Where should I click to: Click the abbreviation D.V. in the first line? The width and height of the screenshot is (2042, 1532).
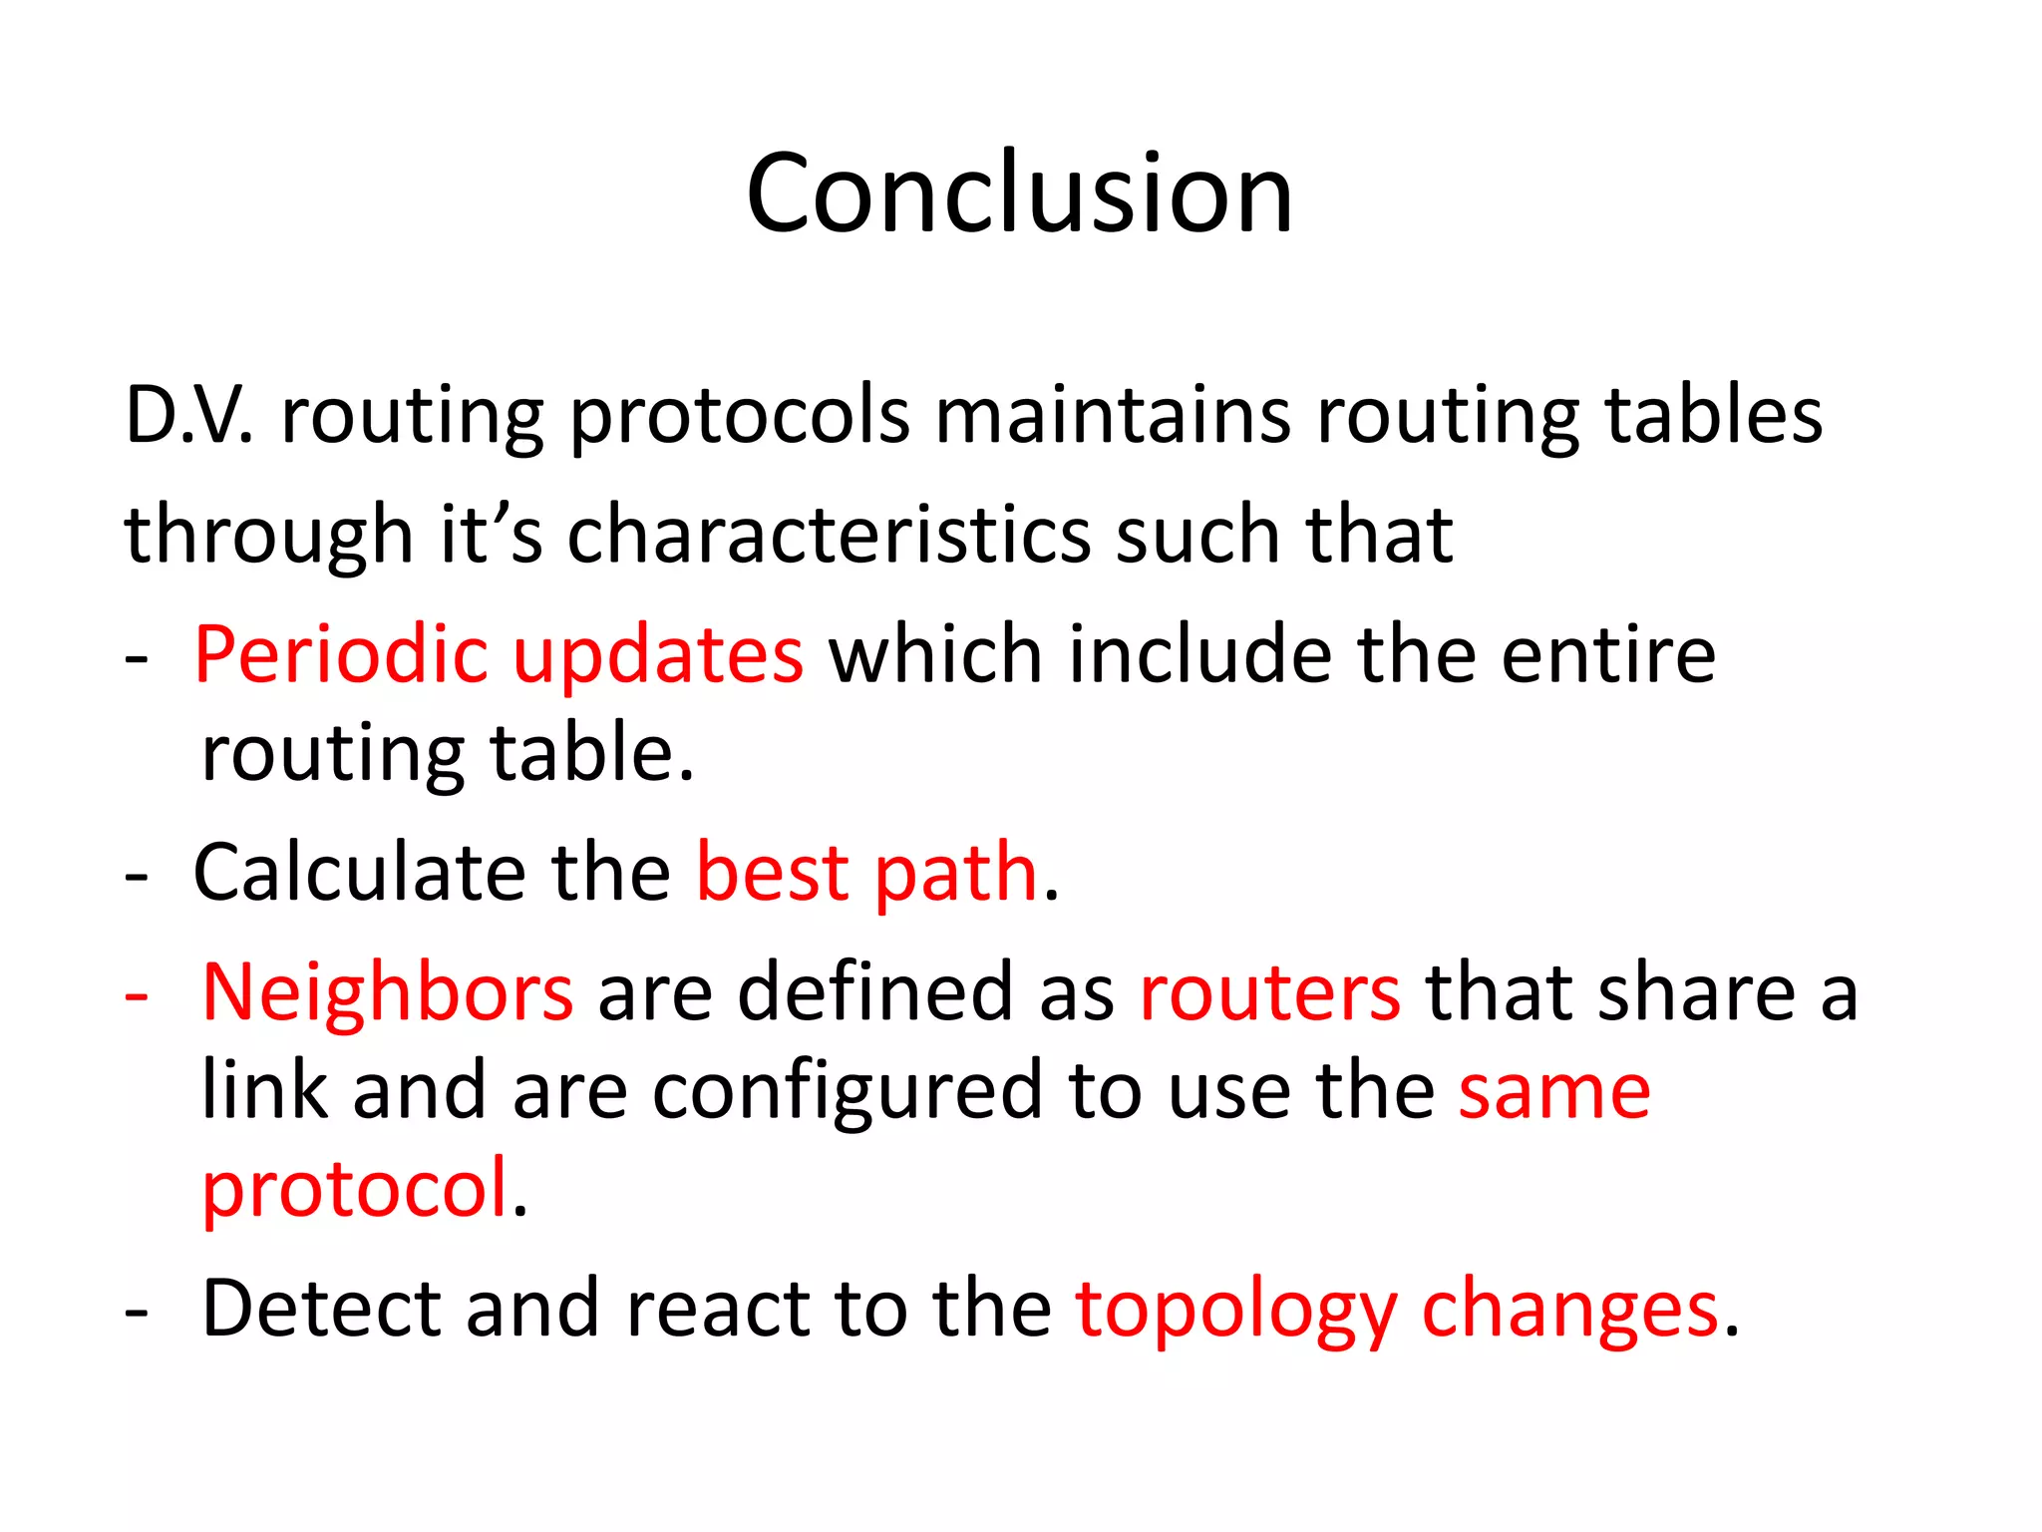point(188,415)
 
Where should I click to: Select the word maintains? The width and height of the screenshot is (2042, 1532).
point(1113,415)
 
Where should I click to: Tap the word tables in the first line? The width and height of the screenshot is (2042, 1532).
point(1713,415)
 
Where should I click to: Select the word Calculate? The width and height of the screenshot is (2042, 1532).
point(359,873)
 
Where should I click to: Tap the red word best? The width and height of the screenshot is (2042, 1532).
point(772,873)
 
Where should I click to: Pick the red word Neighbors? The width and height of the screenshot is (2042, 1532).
point(387,993)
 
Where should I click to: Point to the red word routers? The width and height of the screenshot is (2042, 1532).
point(1269,993)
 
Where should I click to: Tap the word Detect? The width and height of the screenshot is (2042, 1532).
point(320,1309)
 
